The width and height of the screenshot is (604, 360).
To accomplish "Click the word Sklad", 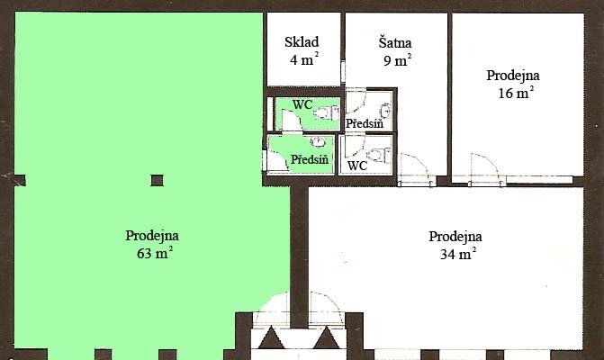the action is (302, 42).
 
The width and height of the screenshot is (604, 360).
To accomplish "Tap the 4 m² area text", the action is (304, 59).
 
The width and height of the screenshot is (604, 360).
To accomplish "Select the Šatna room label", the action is (395, 42).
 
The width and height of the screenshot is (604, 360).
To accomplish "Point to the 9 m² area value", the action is (397, 59).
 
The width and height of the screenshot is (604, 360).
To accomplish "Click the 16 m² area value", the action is (516, 93).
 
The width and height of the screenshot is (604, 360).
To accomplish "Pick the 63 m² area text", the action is (155, 253).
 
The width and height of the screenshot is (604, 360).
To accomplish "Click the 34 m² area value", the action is (458, 254).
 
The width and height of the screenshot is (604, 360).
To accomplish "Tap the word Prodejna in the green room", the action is (152, 235).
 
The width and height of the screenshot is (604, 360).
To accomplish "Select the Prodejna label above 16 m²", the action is (513, 75).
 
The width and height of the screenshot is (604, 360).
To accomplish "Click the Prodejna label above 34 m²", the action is (455, 236).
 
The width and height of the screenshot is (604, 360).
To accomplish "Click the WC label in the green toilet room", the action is (302, 104).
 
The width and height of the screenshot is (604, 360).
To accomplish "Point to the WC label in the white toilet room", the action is (357, 166).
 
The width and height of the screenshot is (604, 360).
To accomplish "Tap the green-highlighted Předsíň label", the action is (310, 159).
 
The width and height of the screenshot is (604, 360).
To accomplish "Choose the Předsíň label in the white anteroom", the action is (365, 123).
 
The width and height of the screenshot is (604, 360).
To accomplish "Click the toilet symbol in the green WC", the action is (326, 112).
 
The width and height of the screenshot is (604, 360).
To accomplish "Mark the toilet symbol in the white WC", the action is (379, 155).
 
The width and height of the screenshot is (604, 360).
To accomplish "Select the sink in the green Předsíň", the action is (318, 141).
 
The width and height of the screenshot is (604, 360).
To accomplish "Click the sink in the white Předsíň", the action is (385, 111).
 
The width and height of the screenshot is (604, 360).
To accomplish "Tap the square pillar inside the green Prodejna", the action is (157, 180).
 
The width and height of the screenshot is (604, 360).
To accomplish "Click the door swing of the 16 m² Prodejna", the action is (484, 167).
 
